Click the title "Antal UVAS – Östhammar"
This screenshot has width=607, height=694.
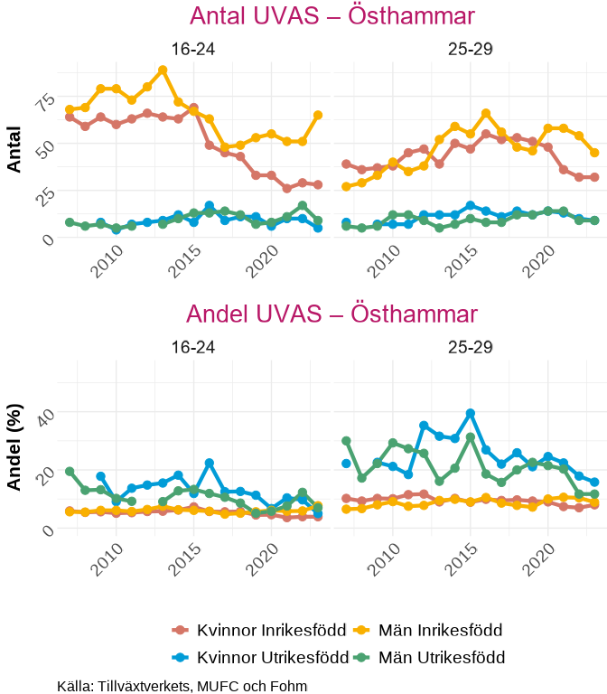[x=332, y=16]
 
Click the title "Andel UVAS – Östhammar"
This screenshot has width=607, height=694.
[x=332, y=314]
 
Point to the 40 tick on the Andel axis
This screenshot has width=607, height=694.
[x=43, y=413]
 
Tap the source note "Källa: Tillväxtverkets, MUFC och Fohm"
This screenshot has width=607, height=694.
[x=182, y=686]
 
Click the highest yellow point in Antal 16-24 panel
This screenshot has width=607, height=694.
[x=163, y=70]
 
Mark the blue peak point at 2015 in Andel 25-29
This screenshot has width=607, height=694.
[x=471, y=413]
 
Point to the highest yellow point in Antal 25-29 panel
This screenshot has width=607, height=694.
[x=486, y=113]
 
